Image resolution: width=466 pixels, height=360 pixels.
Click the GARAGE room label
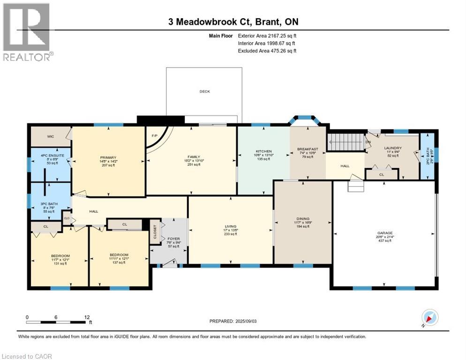tap(385, 233)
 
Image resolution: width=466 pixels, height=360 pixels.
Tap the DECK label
tap(204, 91)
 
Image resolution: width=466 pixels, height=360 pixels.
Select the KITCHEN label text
tap(263, 150)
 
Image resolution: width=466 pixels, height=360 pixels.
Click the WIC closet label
tap(51, 136)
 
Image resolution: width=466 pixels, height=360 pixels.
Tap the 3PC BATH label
tap(46, 203)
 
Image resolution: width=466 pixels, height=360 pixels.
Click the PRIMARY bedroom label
tap(108, 157)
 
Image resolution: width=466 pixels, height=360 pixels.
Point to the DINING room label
tap(303, 218)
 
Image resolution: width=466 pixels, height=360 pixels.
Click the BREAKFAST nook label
tap(308, 149)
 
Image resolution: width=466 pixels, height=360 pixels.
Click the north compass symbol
tap(429, 317)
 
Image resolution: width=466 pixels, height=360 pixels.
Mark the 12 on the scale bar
tap(86, 317)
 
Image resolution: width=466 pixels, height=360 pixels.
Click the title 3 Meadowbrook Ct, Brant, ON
tap(233, 22)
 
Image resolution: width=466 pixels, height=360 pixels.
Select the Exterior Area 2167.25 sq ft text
tap(267, 35)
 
